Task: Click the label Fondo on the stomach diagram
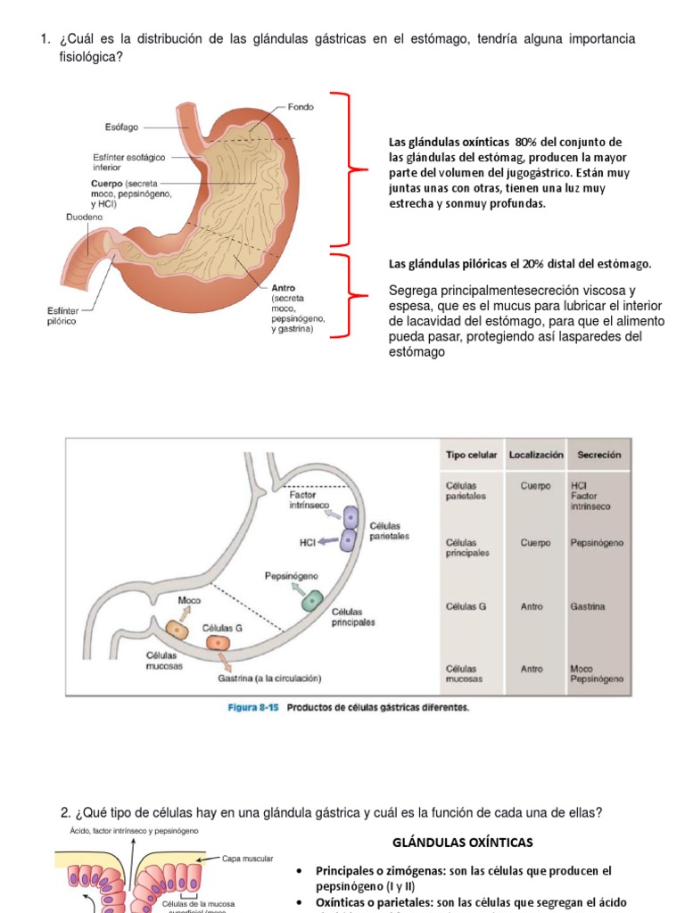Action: (301, 106)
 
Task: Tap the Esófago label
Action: (121, 127)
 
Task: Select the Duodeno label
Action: (84, 217)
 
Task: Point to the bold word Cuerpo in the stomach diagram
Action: (106, 184)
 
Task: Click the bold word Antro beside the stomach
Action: (284, 288)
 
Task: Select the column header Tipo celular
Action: (471, 455)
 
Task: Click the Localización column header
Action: (536, 455)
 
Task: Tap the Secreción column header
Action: (598, 455)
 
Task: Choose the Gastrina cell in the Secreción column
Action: (588, 606)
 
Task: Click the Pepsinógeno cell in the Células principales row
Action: (597, 542)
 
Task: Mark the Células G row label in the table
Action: (466, 606)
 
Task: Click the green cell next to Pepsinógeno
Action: (311, 600)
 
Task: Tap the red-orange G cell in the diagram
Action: (218, 642)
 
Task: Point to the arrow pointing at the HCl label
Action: (327, 540)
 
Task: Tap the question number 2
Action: (65, 812)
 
